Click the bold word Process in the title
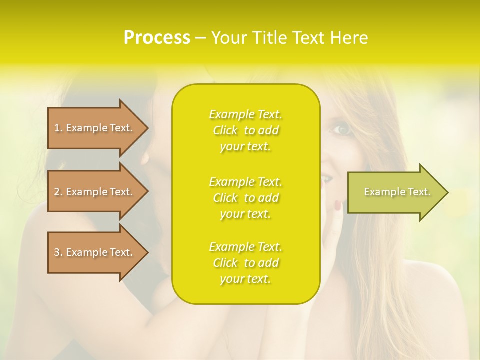coord(157,38)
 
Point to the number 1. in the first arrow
coord(58,128)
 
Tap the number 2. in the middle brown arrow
coord(58,192)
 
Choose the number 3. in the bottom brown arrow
coord(58,252)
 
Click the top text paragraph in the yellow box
coord(246,130)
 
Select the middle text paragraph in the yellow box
coord(246,198)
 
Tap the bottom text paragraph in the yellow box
coord(246,263)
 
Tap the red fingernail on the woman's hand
coord(338,205)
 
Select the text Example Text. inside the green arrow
coord(397,192)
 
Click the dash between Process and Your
coord(200,38)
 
